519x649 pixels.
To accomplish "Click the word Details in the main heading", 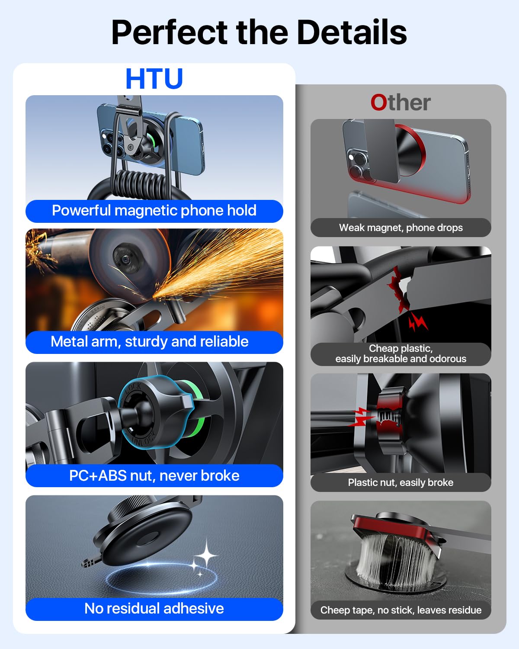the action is [352, 32].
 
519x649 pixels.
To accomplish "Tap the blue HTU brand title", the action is [154, 79].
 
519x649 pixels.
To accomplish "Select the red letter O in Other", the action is [378, 103].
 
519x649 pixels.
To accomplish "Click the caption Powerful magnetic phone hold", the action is [154, 211].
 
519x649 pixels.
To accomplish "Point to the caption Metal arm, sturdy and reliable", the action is [150, 342].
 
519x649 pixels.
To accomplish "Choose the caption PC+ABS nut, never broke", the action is [154, 476].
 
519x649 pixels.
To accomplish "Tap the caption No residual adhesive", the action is [154, 609].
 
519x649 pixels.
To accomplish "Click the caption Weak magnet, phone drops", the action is [401, 228].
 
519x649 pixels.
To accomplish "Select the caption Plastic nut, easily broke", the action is [400, 482].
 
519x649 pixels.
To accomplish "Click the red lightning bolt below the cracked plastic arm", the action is [418, 322].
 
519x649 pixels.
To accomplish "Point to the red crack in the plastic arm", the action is [398, 289].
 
